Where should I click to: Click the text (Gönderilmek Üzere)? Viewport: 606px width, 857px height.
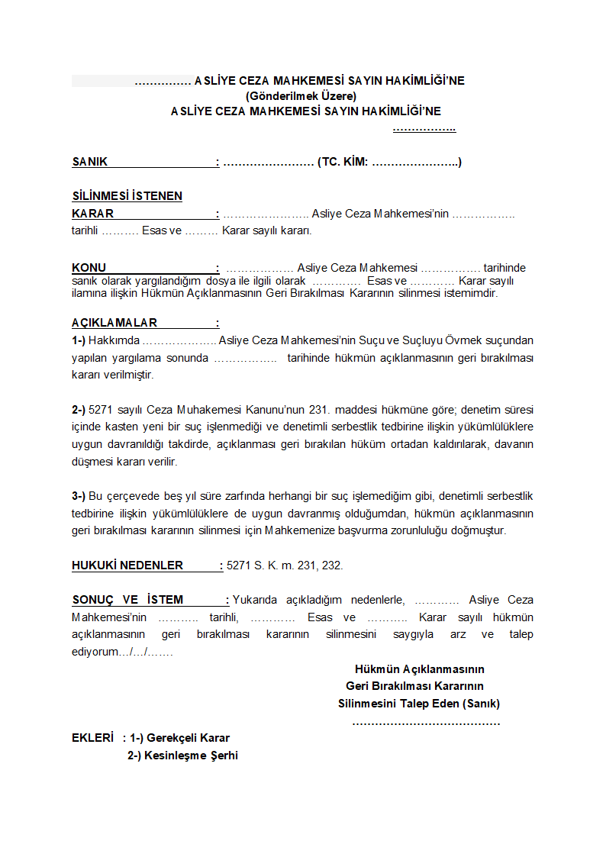301,96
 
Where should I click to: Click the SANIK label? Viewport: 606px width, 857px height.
90,162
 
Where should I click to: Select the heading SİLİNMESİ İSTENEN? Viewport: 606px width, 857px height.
127,196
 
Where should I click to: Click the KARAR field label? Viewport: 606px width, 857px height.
93,214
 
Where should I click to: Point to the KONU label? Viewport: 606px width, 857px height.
89,268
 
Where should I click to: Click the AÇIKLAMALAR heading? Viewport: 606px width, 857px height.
114,323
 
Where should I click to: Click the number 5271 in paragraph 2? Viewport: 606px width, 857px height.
102,409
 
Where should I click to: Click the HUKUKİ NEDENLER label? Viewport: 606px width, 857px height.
127,565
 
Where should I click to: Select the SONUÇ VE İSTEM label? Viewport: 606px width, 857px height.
127,600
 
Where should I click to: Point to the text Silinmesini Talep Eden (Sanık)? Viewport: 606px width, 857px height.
419,704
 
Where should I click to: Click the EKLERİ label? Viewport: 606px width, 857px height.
92,738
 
